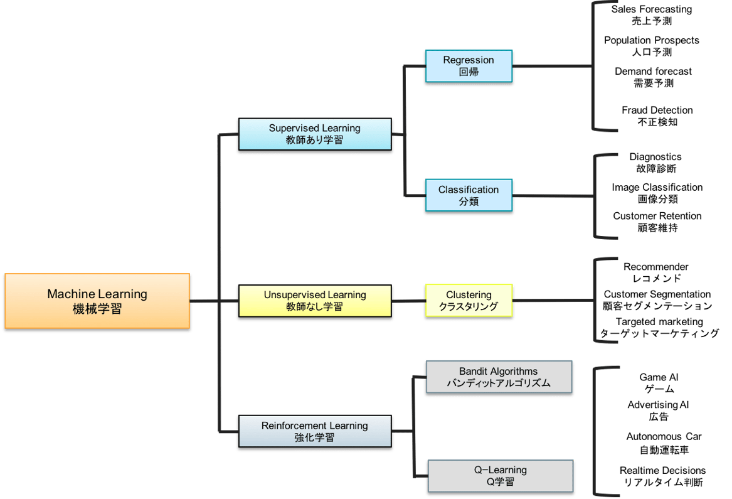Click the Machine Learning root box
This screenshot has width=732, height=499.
pos(97,301)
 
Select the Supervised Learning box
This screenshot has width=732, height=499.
pos(314,134)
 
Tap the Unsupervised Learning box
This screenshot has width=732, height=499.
pos(314,301)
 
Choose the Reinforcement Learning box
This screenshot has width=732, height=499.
pos(314,432)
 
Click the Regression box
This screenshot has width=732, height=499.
pos(469,66)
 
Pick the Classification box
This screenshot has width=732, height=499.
pos(469,195)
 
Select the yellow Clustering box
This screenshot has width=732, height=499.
pos(469,301)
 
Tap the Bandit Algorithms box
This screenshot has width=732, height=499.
pos(499,377)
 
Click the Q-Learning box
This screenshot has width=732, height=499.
pos(500,476)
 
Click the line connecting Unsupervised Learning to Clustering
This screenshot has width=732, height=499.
pos(408,301)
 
